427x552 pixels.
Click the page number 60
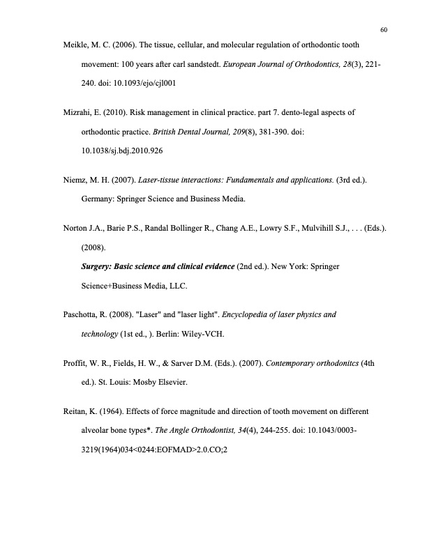(x=384, y=29)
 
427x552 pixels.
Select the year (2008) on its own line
(x=95, y=246)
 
